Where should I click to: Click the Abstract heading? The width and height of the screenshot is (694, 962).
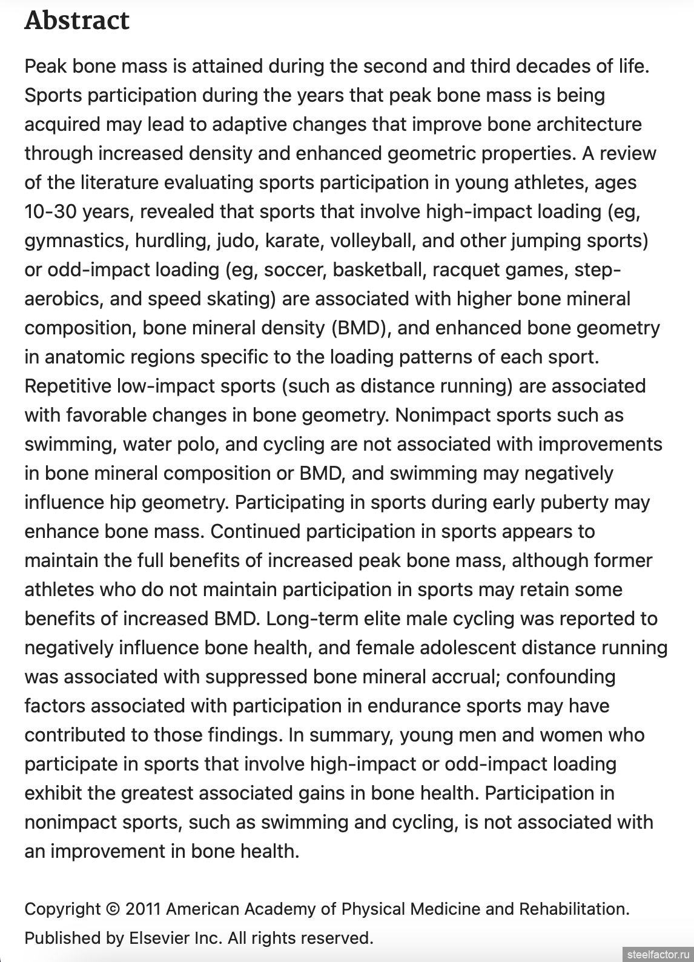click(77, 21)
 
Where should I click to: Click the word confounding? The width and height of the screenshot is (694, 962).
click(561, 677)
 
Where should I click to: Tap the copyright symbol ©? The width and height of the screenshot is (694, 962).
click(113, 909)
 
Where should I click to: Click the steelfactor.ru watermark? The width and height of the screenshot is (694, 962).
click(658, 954)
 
